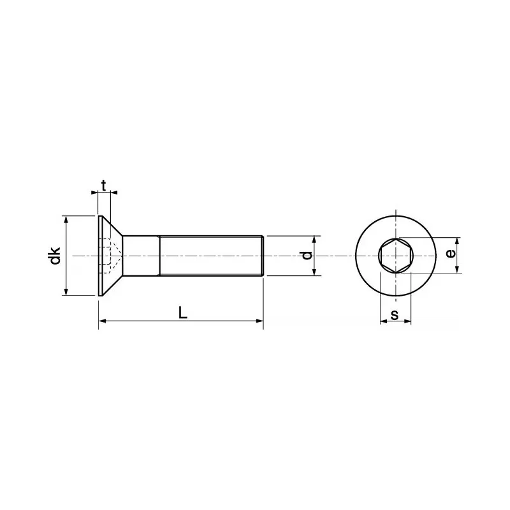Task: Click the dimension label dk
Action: [x=56, y=256]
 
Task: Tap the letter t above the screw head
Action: [x=104, y=186]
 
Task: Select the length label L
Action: [x=182, y=312]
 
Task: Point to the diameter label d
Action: [x=307, y=255]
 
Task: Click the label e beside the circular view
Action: [x=451, y=254]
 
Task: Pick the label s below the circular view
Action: [x=395, y=314]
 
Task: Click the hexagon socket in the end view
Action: [x=395, y=256]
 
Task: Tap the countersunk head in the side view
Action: [x=108, y=256]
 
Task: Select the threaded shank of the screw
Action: [x=210, y=256]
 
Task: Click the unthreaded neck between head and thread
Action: [x=140, y=256]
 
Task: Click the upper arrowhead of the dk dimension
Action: [x=66, y=219]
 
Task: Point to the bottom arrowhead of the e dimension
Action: [x=457, y=270]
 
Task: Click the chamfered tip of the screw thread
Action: [x=261, y=256]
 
